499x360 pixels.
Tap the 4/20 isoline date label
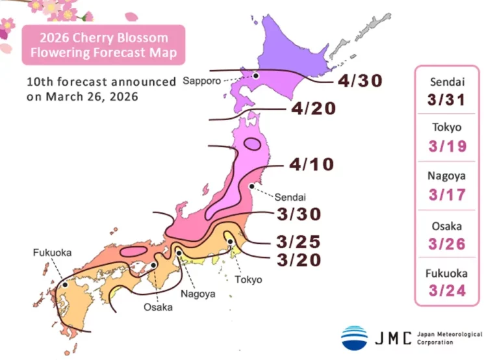(x=314, y=109)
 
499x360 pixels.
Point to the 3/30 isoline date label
(x=298, y=214)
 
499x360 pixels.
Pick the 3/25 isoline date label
(x=298, y=242)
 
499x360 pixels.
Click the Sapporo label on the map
(x=201, y=81)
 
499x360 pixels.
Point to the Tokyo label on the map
(x=248, y=279)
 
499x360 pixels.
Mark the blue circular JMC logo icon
(x=354, y=337)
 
